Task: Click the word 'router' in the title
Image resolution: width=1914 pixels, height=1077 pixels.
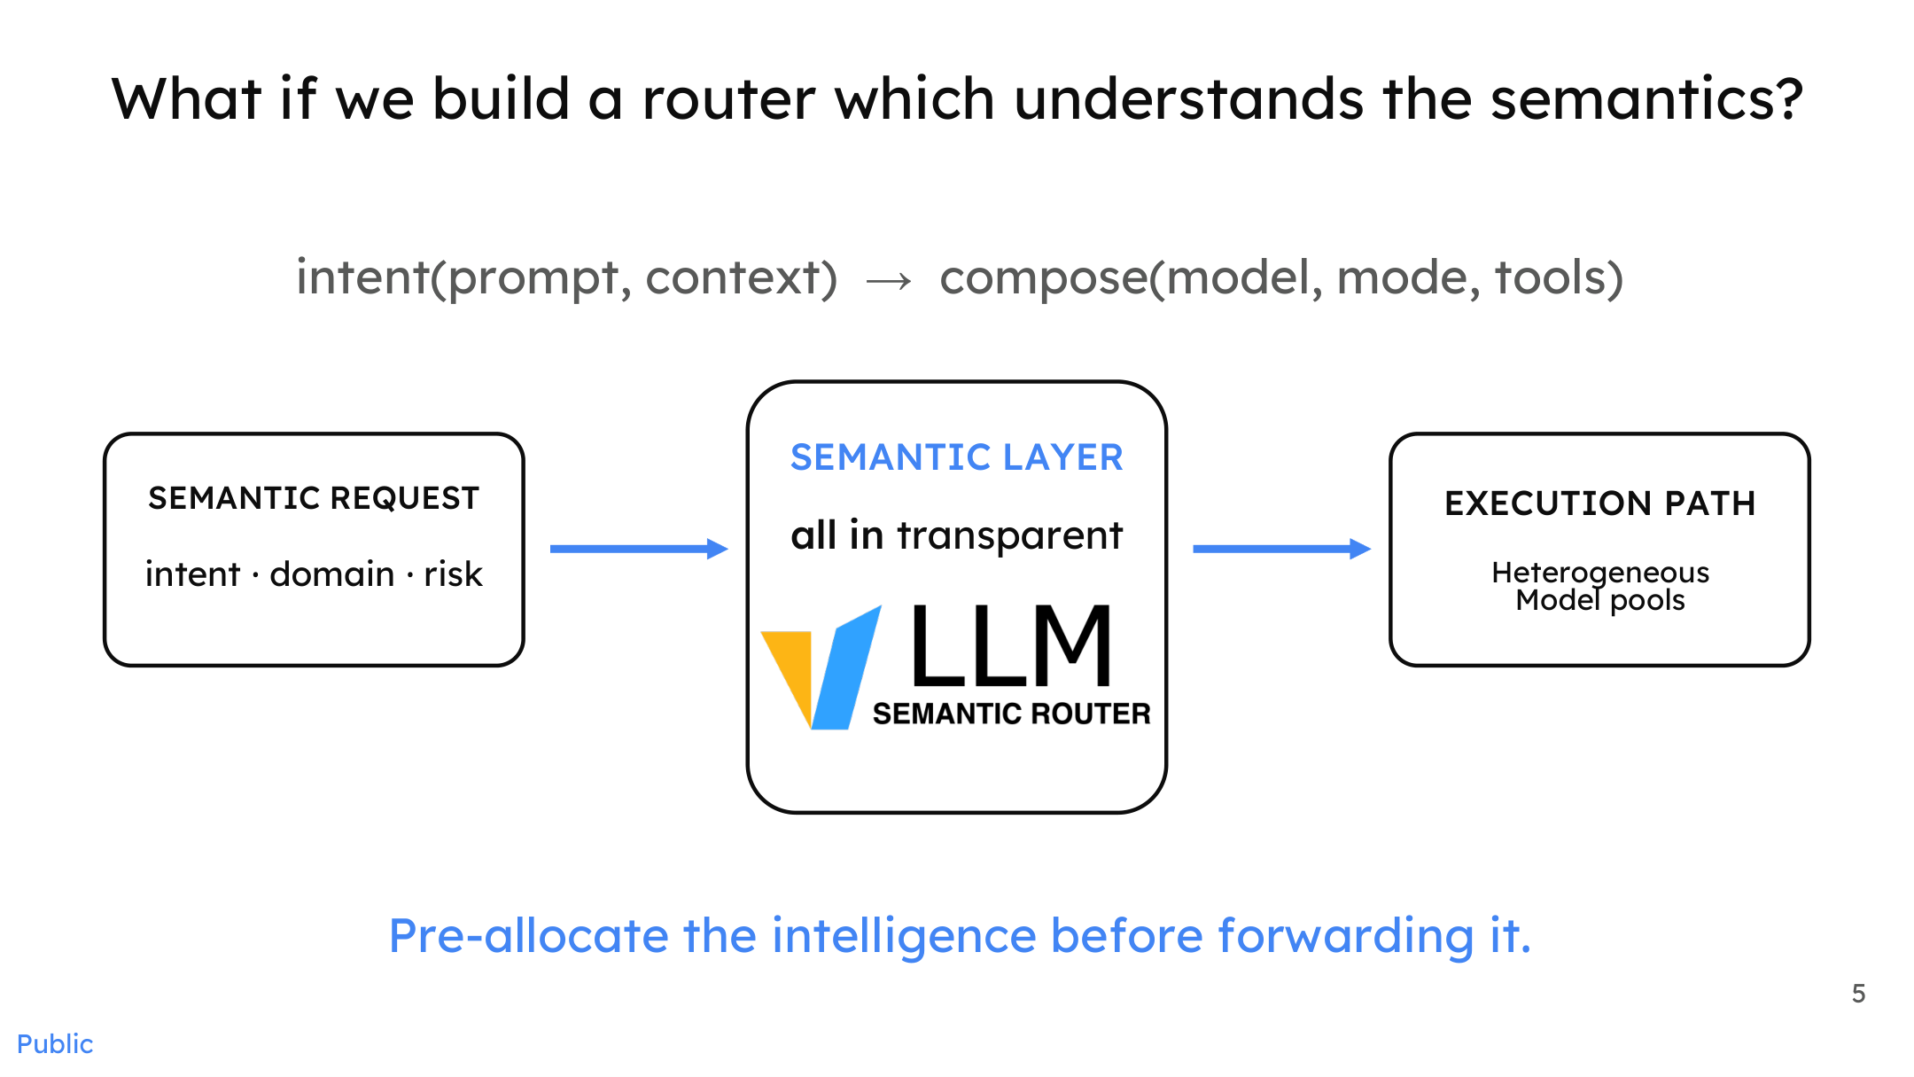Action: pyautogui.click(x=728, y=98)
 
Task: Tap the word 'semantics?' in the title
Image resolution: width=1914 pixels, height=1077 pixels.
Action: pyautogui.click(x=1646, y=98)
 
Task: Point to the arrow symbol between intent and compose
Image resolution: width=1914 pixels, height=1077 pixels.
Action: pyautogui.click(x=889, y=281)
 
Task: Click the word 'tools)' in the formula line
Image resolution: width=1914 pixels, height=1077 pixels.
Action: pyautogui.click(x=1559, y=278)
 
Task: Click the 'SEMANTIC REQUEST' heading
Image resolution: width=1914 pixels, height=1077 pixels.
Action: pyautogui.click(x=314, y=498)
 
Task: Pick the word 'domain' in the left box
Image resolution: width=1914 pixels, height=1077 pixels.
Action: pyautogui.click(x=332, y=574)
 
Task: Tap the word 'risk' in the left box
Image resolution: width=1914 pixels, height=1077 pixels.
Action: pyautogui.click(x=453, y=574)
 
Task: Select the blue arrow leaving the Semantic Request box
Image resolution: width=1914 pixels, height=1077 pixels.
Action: pyautogui.click(x=639, y=549)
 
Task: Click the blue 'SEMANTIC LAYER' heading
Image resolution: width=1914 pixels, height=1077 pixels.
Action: pyautogui.click(x=957, y=457)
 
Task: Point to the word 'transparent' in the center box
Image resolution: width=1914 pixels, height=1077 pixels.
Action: pyautogui.click(x=1009, y=535)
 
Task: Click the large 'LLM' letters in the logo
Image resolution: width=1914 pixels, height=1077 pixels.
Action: pyautogui.click(x=1011, y=646)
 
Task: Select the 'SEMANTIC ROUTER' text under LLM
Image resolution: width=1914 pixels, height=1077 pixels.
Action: pyautogui.click(x=1011, y=714)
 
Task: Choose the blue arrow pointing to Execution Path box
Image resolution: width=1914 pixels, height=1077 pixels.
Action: pyautogui.click(x=1282, y=549)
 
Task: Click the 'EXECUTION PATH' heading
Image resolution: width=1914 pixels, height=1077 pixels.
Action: pyautogui.click(x=1600, y=503)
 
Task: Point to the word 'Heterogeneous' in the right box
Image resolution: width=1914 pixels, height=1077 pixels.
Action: pyautogui.click(x=1600, y=573)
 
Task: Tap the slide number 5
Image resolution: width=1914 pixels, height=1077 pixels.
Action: pyautogui.click(x=1858, y=994)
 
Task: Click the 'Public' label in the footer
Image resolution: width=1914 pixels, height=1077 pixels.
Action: pyautogui.click(x=55, y=1044)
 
